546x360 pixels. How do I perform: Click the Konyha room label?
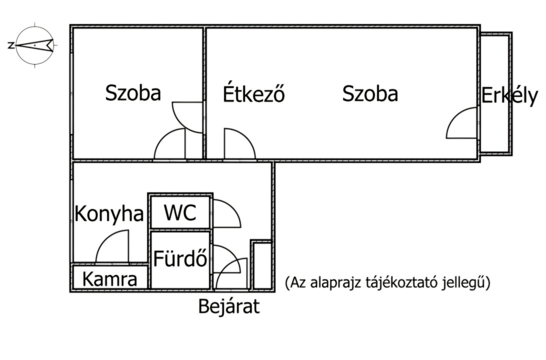coord(109,214)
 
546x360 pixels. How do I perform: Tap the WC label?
coord(180,212)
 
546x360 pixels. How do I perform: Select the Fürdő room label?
coord(180,258)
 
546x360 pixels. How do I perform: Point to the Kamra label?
coord(109,279)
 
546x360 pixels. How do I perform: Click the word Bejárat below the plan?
coord(229,306)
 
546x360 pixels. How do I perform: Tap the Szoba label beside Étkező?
coord(370,93)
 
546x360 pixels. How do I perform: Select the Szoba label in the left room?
coord(133,93)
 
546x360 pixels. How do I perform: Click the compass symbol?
coord(35,45)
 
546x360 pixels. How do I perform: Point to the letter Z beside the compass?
coord(11,45)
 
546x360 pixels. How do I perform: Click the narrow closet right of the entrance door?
coord(262,265)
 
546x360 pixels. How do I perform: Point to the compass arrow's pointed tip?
coord(16,45)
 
